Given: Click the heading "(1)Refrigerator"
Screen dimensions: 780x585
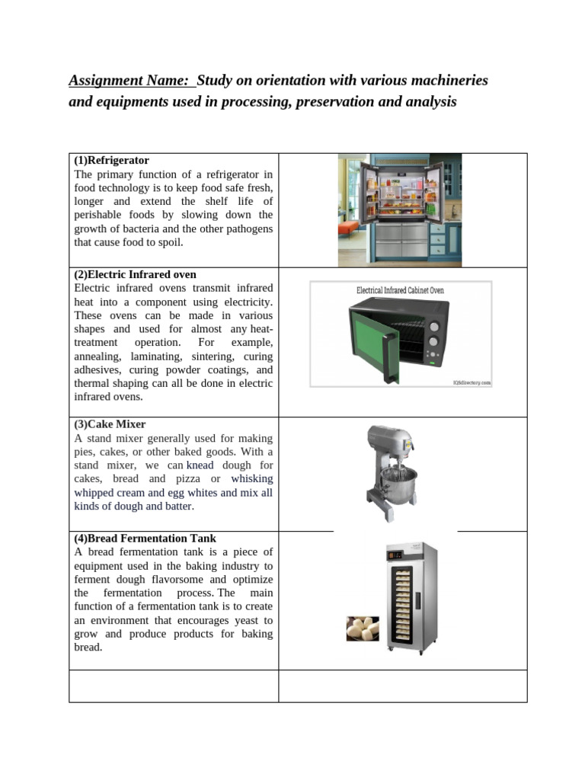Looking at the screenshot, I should [x=111, y=161].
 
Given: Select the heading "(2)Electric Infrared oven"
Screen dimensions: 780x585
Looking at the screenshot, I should [x=135, y=274].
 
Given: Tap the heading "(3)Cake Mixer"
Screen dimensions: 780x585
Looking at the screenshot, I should [x=110, y=424].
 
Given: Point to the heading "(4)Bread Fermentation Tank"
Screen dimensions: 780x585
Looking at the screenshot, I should [x=145, y=539].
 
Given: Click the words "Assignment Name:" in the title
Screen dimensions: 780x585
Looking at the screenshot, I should [x=129, y=80].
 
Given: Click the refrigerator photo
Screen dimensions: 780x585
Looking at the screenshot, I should [x=399, y=209].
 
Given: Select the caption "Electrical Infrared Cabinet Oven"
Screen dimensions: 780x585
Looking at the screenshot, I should [x=400, y=290].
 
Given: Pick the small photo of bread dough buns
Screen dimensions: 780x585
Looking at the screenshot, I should [x=363, y=628].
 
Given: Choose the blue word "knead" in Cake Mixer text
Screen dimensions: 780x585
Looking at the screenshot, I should [x=200, y=465].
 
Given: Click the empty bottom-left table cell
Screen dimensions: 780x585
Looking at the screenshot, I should [x=173, y=686].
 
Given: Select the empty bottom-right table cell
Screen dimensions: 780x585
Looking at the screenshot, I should [x=402, y=686].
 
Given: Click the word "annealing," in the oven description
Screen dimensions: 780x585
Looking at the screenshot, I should [x=97, y=356].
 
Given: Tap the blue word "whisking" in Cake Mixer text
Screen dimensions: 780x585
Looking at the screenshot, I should [x=251, y=479].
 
